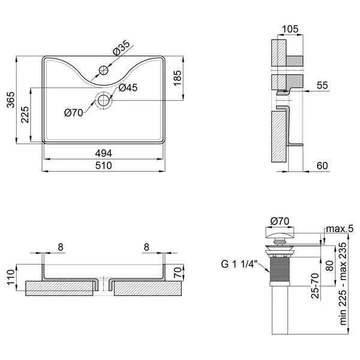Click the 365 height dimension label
[x=11, y=100]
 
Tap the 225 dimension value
[x=25, y=115]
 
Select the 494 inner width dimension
[x=104, y=154]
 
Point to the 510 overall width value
[x=104, y=166]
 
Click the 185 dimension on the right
[x=178, y=78]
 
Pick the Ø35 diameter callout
[x=121, y=47]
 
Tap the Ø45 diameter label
[x=128, y=88]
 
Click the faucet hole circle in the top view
[x=104, y=70]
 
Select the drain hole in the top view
[x=104, y=100]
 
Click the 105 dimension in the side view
[x=290, y=29]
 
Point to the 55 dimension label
[x=322, y=85]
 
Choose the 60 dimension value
[x=322, y=166]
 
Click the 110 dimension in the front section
[x=11, y=277]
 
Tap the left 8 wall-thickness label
[x=61, y=247]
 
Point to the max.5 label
[x=340, y=229]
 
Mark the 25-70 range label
[x=315, y=286]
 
